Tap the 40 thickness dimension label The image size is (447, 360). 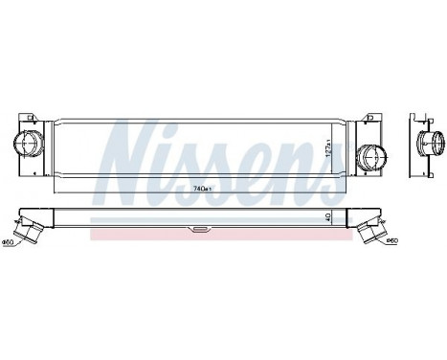(x=328, y=217)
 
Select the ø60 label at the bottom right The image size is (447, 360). (x=391, y=240)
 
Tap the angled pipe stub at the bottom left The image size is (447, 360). (x=34, y=231)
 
